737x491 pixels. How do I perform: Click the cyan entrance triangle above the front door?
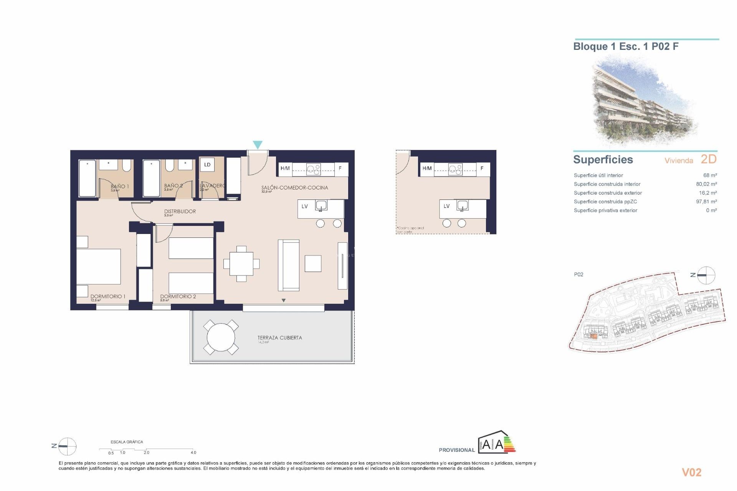pos(258,145)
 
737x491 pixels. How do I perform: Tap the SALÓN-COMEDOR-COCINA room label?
pos(294,188)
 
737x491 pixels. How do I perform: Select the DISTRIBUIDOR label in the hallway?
pos(180,211)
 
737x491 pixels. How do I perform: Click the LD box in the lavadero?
pos(207,165)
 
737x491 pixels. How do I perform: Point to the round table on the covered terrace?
pos(221,338)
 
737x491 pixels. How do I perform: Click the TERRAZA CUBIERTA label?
pos(279,338)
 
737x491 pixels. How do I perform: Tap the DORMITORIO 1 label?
pos(107,297)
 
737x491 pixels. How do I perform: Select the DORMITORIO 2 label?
pos(178,297)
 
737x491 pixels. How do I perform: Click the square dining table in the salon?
pos(241,264)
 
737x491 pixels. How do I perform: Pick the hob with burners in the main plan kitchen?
pos(313,169)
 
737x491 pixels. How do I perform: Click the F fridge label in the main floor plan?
pos(340,168)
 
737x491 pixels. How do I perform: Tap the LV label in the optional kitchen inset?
pos(446,206)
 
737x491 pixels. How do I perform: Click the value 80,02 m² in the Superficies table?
pos(706,184)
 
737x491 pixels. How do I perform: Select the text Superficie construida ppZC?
pos(605,202)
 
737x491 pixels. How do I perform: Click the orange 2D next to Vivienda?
pos(709,159)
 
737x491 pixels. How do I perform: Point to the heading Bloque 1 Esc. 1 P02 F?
pos(626,46)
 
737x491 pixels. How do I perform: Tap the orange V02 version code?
pos(691,472)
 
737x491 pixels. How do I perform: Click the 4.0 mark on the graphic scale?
pos(193,453)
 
